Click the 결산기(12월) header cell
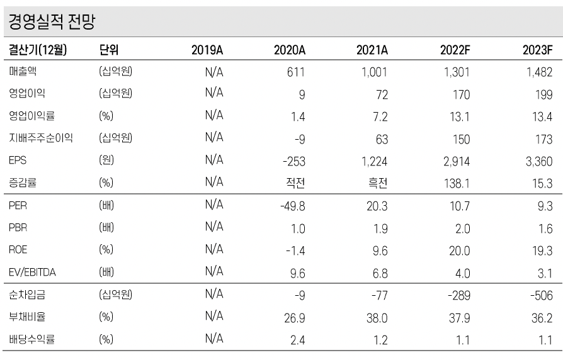38,51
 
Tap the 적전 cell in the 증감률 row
294,183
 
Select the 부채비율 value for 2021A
377,317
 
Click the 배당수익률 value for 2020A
297,340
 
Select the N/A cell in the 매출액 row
215,72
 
